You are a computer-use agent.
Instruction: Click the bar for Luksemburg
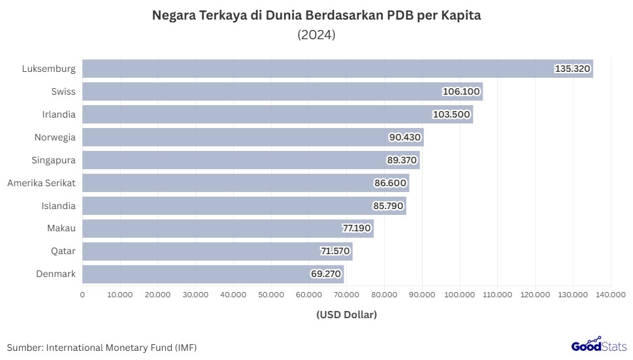click(x=314, y=69)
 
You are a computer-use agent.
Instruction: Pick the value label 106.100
click(x=461, y=91)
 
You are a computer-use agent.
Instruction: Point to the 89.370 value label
click(x=402, y=160)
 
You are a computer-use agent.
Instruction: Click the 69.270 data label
click(x=327, y=274)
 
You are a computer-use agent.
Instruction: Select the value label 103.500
click(x=451, y=114)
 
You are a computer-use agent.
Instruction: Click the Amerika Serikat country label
click(x=41, y=183)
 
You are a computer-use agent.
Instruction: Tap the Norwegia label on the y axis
click(x=55, y=137)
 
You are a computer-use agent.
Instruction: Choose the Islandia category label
click(x=57, y=206)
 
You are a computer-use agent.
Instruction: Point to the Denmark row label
click(x=56, y=274)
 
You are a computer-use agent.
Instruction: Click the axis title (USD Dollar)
click(x=346, y=315)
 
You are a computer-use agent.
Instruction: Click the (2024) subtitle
click(x=316, y=35)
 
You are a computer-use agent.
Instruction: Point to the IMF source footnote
click(x=102, y=347)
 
